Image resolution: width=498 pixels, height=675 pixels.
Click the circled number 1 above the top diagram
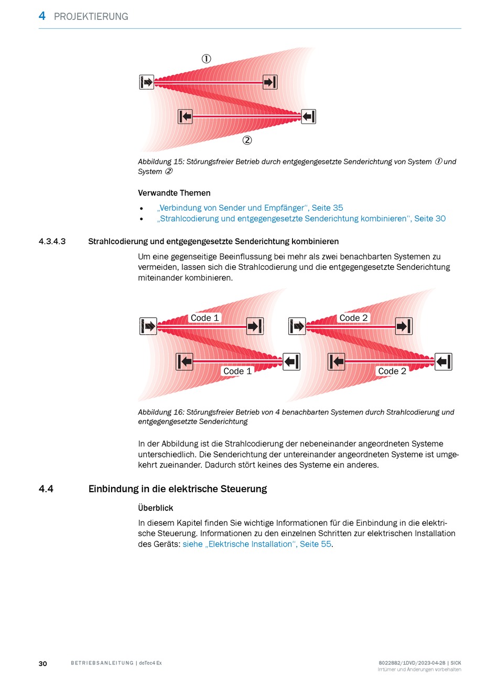207,59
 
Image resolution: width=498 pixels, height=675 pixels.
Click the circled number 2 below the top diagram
247,140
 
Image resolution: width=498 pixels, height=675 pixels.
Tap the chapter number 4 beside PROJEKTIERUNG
42,16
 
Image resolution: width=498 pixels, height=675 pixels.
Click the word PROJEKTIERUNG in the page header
91,17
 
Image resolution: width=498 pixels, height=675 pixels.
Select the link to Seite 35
250,208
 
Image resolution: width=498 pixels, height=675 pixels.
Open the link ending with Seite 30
301,219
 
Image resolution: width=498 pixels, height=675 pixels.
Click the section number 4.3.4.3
52,242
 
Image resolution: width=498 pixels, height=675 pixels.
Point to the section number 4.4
46,489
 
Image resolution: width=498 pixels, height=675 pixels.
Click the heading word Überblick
156,508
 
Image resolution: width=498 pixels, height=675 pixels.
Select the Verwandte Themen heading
174,193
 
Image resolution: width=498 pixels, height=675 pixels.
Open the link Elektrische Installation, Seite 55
257,544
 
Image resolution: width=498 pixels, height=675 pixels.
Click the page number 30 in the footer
43,663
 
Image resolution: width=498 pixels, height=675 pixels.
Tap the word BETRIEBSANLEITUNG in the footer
102,663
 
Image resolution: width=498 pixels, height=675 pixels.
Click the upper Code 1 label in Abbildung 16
204,318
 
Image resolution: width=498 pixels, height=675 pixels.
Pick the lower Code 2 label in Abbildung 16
392,371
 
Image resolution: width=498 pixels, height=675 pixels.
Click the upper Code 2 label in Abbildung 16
353,318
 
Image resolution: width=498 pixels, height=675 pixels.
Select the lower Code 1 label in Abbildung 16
237,371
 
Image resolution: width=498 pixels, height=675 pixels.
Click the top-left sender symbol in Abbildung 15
147,82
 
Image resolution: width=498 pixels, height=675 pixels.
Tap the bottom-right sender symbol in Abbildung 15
308,116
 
